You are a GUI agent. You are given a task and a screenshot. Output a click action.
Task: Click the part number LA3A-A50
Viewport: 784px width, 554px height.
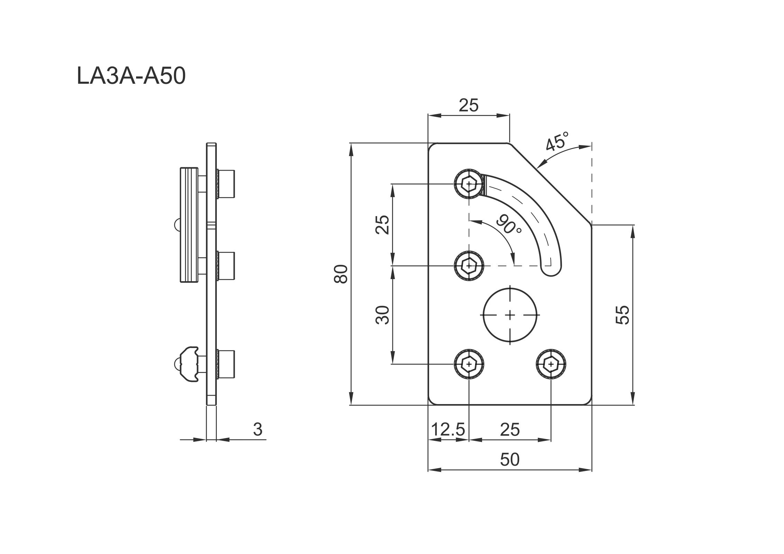point(131,76)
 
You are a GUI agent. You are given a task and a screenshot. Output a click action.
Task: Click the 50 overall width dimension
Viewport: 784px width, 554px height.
point(510,459)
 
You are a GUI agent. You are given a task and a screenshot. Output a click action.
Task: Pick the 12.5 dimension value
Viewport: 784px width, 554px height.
point(448,430)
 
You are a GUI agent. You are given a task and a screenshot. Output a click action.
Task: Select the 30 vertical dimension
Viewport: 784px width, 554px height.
point(383,314)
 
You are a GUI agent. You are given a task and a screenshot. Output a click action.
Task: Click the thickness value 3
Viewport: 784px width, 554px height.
point(258,429)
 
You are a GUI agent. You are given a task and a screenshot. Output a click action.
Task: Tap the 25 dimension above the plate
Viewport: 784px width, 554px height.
point(469,105)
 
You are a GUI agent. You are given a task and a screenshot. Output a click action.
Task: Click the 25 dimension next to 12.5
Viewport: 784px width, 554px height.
point(510,430)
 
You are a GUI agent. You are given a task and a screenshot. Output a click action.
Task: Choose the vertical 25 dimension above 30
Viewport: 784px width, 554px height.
point(383,225)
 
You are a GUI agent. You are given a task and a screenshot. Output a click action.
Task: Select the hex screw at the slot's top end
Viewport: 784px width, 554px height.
point(469,184)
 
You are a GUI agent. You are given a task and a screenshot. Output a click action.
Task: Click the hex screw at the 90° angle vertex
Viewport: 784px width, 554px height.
point(469,266)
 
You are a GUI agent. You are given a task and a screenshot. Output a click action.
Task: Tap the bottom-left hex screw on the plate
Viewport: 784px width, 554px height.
point(469,364)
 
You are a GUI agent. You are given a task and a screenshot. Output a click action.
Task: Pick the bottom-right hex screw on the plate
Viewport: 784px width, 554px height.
point(551,364)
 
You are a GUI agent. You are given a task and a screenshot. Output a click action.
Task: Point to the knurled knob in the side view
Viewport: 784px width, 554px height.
point(189,225)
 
